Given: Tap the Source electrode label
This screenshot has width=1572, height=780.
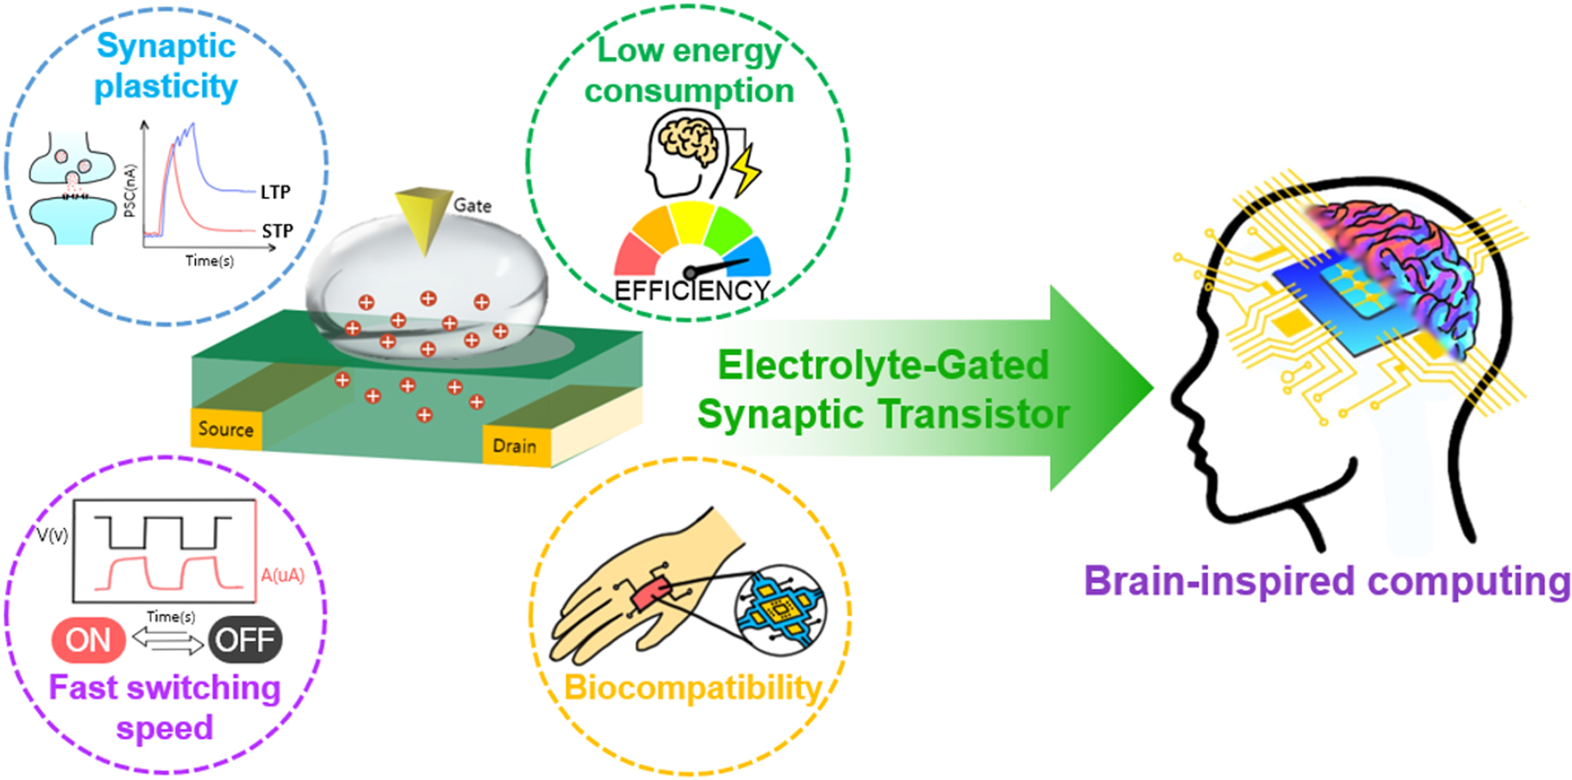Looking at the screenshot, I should pos(225,429).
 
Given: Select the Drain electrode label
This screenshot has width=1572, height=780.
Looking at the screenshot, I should pos(514,446).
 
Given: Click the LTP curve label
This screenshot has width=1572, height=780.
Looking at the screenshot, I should pos(276,192).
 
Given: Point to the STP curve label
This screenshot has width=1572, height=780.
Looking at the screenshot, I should pos(277,231).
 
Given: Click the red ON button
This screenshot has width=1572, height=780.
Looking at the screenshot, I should pos(88,640).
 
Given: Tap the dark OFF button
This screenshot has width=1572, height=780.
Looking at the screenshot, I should pos(245,640).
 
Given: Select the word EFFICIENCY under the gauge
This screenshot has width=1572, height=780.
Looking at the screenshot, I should pos(691,291).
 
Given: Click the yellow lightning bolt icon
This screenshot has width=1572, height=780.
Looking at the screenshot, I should pos(745,168).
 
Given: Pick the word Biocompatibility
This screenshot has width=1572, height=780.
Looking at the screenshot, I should pos(692,688).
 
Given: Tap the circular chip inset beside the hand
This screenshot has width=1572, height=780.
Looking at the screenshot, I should pos(780,610).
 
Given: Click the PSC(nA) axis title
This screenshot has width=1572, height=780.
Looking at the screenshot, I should pos(130,190).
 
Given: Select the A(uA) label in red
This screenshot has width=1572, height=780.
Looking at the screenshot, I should pos(282,575).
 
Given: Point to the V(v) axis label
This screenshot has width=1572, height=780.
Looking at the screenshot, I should pos(53,536).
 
